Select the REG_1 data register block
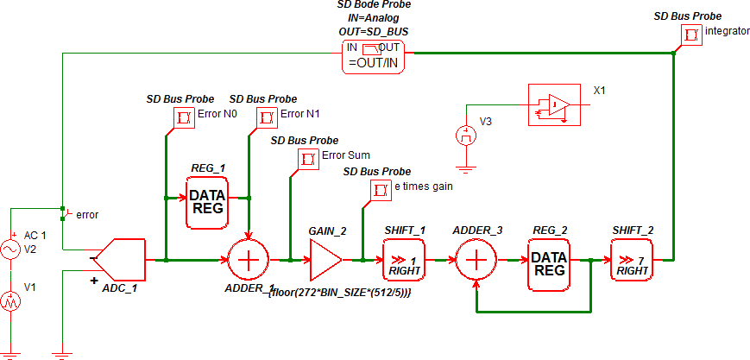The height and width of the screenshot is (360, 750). (x=207, y=202)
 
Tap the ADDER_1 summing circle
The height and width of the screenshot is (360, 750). (x=249, y=258)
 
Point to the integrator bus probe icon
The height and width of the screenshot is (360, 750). (x=691, y=35)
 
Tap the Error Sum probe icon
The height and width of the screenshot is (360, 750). (x=308, y=158)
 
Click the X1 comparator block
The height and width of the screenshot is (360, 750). (x=553, y=104)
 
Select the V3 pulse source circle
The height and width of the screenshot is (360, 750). (x=467, y=136)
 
